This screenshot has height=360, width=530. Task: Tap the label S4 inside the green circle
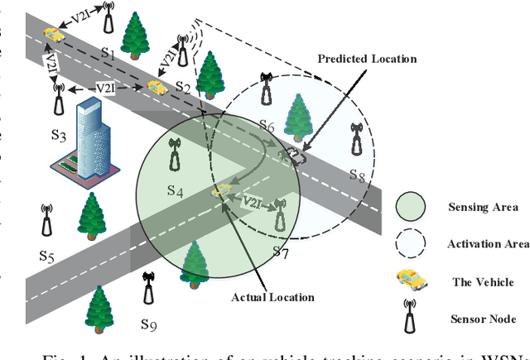(x=175, y=191)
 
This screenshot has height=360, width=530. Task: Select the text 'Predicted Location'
(x=366, y=59)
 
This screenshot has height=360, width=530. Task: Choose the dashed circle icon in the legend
(x=410, y=244)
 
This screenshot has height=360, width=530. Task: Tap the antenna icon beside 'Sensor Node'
(x=410, y=316)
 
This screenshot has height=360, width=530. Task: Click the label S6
(x=265, y=126)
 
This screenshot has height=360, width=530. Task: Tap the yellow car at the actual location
(x=221, y=191)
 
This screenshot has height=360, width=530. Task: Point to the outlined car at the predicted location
(x=292, y=154)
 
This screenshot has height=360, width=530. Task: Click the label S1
(x=107, y=52)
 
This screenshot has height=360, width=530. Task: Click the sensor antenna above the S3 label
(x=58, y=98)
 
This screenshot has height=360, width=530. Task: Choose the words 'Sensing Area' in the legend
(x=483, y=207)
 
